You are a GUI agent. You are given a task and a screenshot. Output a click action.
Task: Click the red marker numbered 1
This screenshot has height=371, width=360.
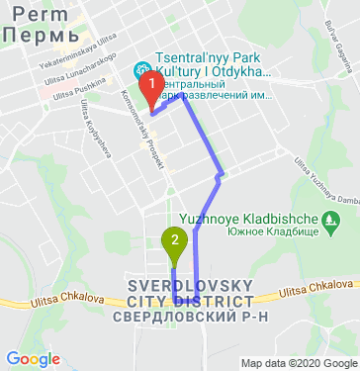coord(151,91)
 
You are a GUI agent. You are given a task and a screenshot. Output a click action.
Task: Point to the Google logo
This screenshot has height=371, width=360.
coord(33,358)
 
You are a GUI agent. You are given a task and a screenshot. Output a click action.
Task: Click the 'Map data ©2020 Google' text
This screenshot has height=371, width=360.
coord(296,363)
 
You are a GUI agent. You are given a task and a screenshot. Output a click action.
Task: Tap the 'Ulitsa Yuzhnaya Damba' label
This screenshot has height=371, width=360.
coord(326,183)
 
